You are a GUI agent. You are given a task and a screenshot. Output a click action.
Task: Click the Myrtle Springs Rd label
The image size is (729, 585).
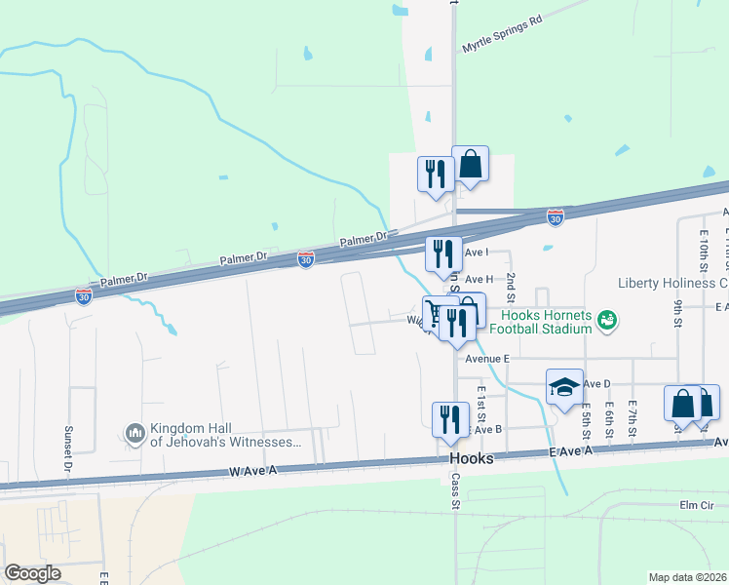click(502, 33)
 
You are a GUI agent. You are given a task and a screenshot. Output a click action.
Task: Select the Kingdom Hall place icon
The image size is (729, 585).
click(134, 431)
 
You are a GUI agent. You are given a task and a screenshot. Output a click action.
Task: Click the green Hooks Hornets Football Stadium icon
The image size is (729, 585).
click(608, 319)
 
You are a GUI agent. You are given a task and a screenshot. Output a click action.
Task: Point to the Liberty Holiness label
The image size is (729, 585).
click(672, 284)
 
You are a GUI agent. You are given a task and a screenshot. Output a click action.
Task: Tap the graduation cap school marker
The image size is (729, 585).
click(564, 387)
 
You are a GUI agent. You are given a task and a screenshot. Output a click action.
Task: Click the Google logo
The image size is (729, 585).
click(32, 573)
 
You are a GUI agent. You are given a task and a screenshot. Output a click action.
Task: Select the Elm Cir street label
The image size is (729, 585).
click(697, 505)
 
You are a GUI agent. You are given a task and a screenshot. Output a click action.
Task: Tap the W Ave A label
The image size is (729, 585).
click(253, 472)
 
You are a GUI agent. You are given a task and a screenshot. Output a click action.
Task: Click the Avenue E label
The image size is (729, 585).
click(488, 359)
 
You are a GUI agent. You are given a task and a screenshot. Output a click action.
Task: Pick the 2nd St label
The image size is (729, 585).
click(510, 289)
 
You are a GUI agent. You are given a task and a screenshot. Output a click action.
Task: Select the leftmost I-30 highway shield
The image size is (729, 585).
click(85, 293)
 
